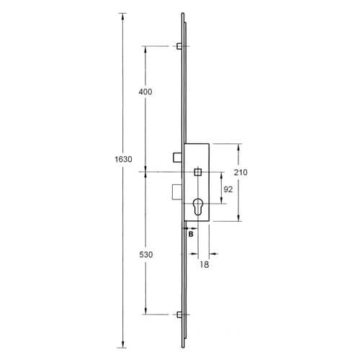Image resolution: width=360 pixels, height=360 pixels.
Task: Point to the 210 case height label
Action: [241, 173]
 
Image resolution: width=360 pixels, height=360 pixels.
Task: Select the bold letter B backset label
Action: [191, 233]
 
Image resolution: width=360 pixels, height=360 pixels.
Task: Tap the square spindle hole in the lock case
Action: [198, 172]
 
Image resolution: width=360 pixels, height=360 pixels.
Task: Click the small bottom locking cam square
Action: [177, 314]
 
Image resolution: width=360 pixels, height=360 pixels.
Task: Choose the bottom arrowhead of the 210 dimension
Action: [238, 219]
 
